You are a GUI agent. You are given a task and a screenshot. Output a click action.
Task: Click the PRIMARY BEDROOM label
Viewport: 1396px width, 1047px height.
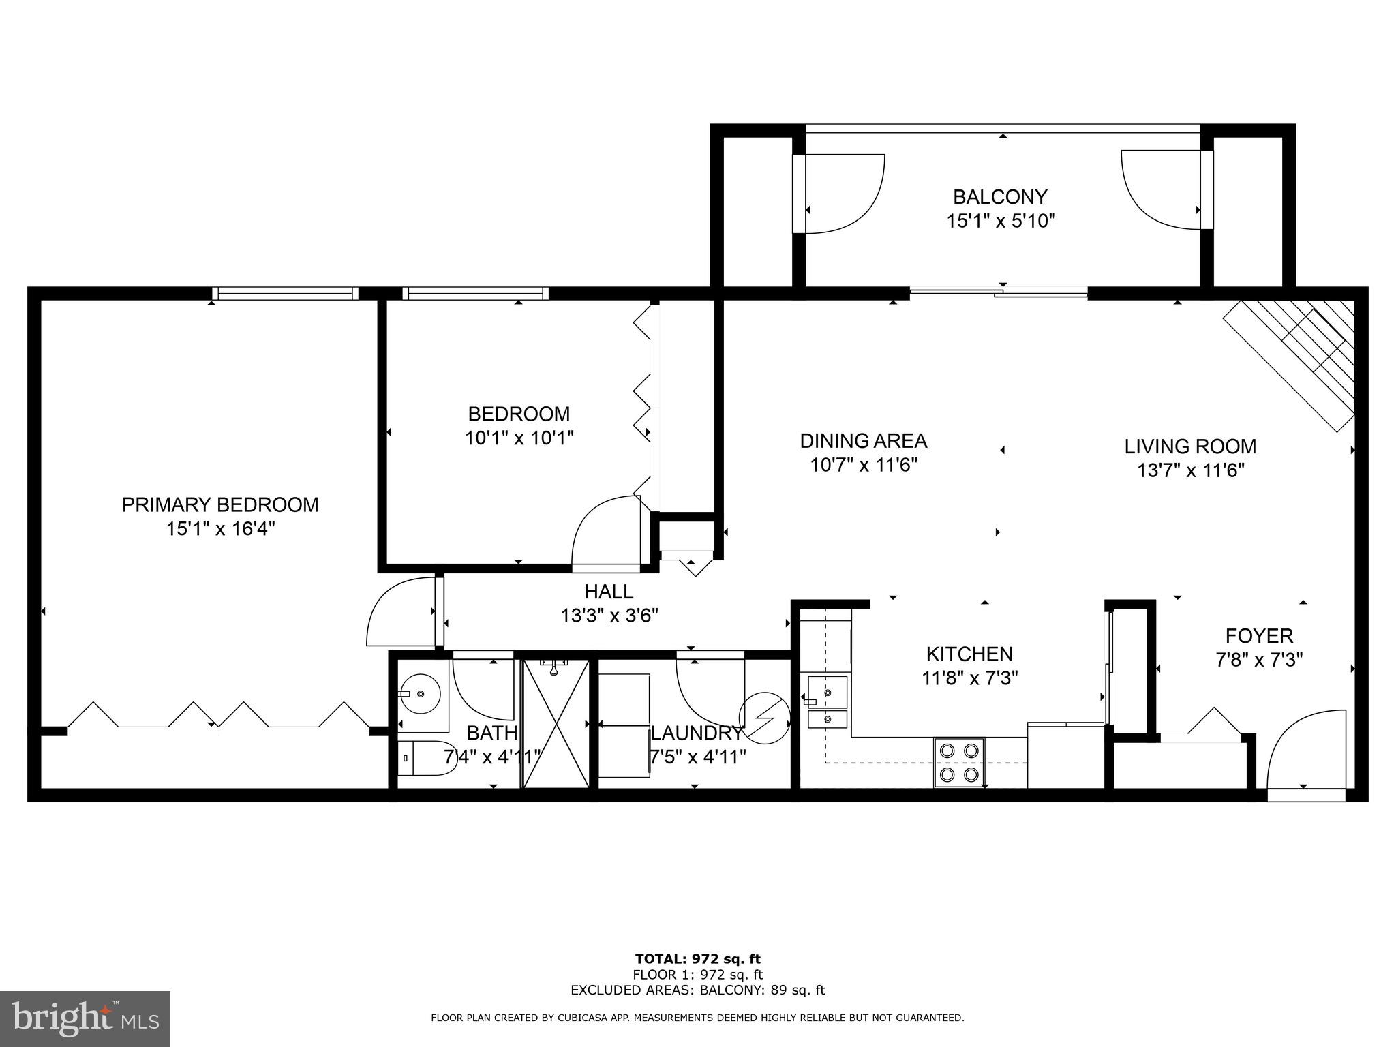pyautogui.click(x=219, y=505)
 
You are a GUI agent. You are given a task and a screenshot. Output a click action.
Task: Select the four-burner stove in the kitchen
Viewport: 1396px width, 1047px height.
pyautogui.click(x=959, y=762)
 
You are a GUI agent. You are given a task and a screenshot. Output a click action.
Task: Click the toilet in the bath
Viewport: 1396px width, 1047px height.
pyautogui.click(x=428, y=758)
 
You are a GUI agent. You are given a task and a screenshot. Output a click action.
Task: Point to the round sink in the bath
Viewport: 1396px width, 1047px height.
pyautogui.click(x=421, y=694)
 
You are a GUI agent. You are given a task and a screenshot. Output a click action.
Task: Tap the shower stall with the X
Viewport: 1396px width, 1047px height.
pyautogui.click(x=555, y=723)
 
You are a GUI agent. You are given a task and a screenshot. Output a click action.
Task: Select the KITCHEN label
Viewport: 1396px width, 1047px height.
pyautogui.click(x=969, y=654)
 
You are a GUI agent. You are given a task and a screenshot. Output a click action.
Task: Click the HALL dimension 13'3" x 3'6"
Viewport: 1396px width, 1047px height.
pyautogui.click(x=609, y=616)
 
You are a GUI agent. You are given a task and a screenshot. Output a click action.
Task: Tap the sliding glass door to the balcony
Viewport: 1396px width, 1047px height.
pyautogui.click(x=999, y=293)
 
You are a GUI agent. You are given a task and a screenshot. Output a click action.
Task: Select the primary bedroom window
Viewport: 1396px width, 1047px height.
pyautogui.click(x=284, y=294)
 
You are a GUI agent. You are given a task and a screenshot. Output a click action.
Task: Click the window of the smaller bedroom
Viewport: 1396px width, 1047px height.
pyautogui.click(x=475, y=294)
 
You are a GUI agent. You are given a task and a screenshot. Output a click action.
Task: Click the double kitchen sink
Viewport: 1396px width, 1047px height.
pyautogui.click(x=828, y=703)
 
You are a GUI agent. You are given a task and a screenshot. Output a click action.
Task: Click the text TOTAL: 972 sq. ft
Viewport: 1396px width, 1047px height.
pyautogui.click(x=697, y=959)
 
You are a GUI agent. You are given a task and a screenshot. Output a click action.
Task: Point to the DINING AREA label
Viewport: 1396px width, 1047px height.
pyautogui.click(x=863, y=441)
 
